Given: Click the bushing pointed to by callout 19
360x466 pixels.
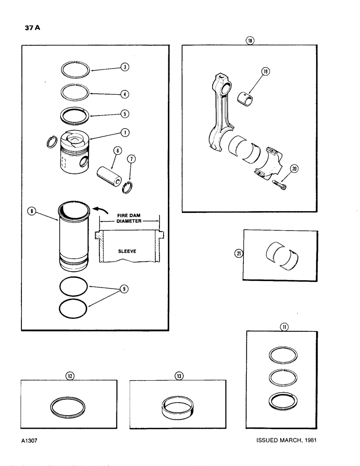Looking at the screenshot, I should coord(247,100).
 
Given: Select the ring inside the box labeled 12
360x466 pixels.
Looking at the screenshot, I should coord(68,406).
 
